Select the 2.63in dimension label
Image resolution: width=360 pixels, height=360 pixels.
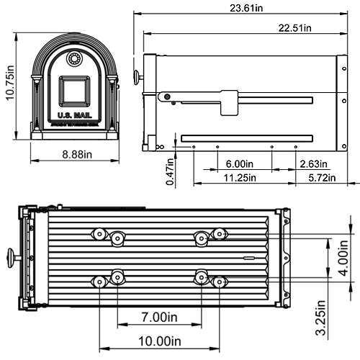point(315,163)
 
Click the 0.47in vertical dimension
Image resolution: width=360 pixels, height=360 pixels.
point(170,174)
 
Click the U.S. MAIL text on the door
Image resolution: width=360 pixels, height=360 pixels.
point(73,116)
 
